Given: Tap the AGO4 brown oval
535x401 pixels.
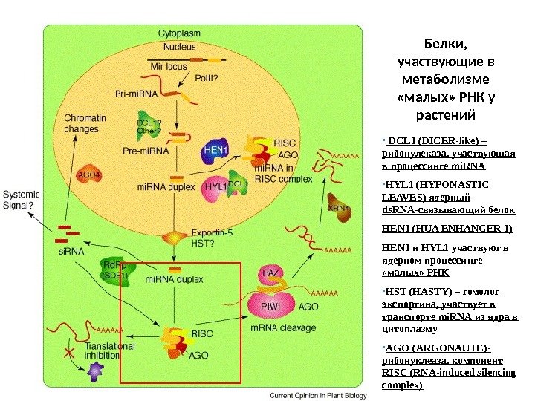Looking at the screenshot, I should (x=89, y=176).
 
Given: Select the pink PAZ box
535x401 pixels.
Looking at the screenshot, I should (x=271, y=274).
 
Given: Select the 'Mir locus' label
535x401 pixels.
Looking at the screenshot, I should (x=169, y=66).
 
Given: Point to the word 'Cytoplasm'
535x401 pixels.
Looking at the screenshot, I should (x=180, y=33).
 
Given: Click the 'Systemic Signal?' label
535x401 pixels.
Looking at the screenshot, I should (x=20, y=200).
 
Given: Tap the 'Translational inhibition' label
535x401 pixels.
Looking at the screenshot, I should (x=110, y=351).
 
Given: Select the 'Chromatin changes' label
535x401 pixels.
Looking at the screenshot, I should (x=85, y=123).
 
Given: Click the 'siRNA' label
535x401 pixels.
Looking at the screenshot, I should (x=70, y=252).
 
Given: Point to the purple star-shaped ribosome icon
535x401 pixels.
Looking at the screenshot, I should (x=94, y=371).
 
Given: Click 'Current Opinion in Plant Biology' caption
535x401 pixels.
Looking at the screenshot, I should (x=317, y=395).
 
